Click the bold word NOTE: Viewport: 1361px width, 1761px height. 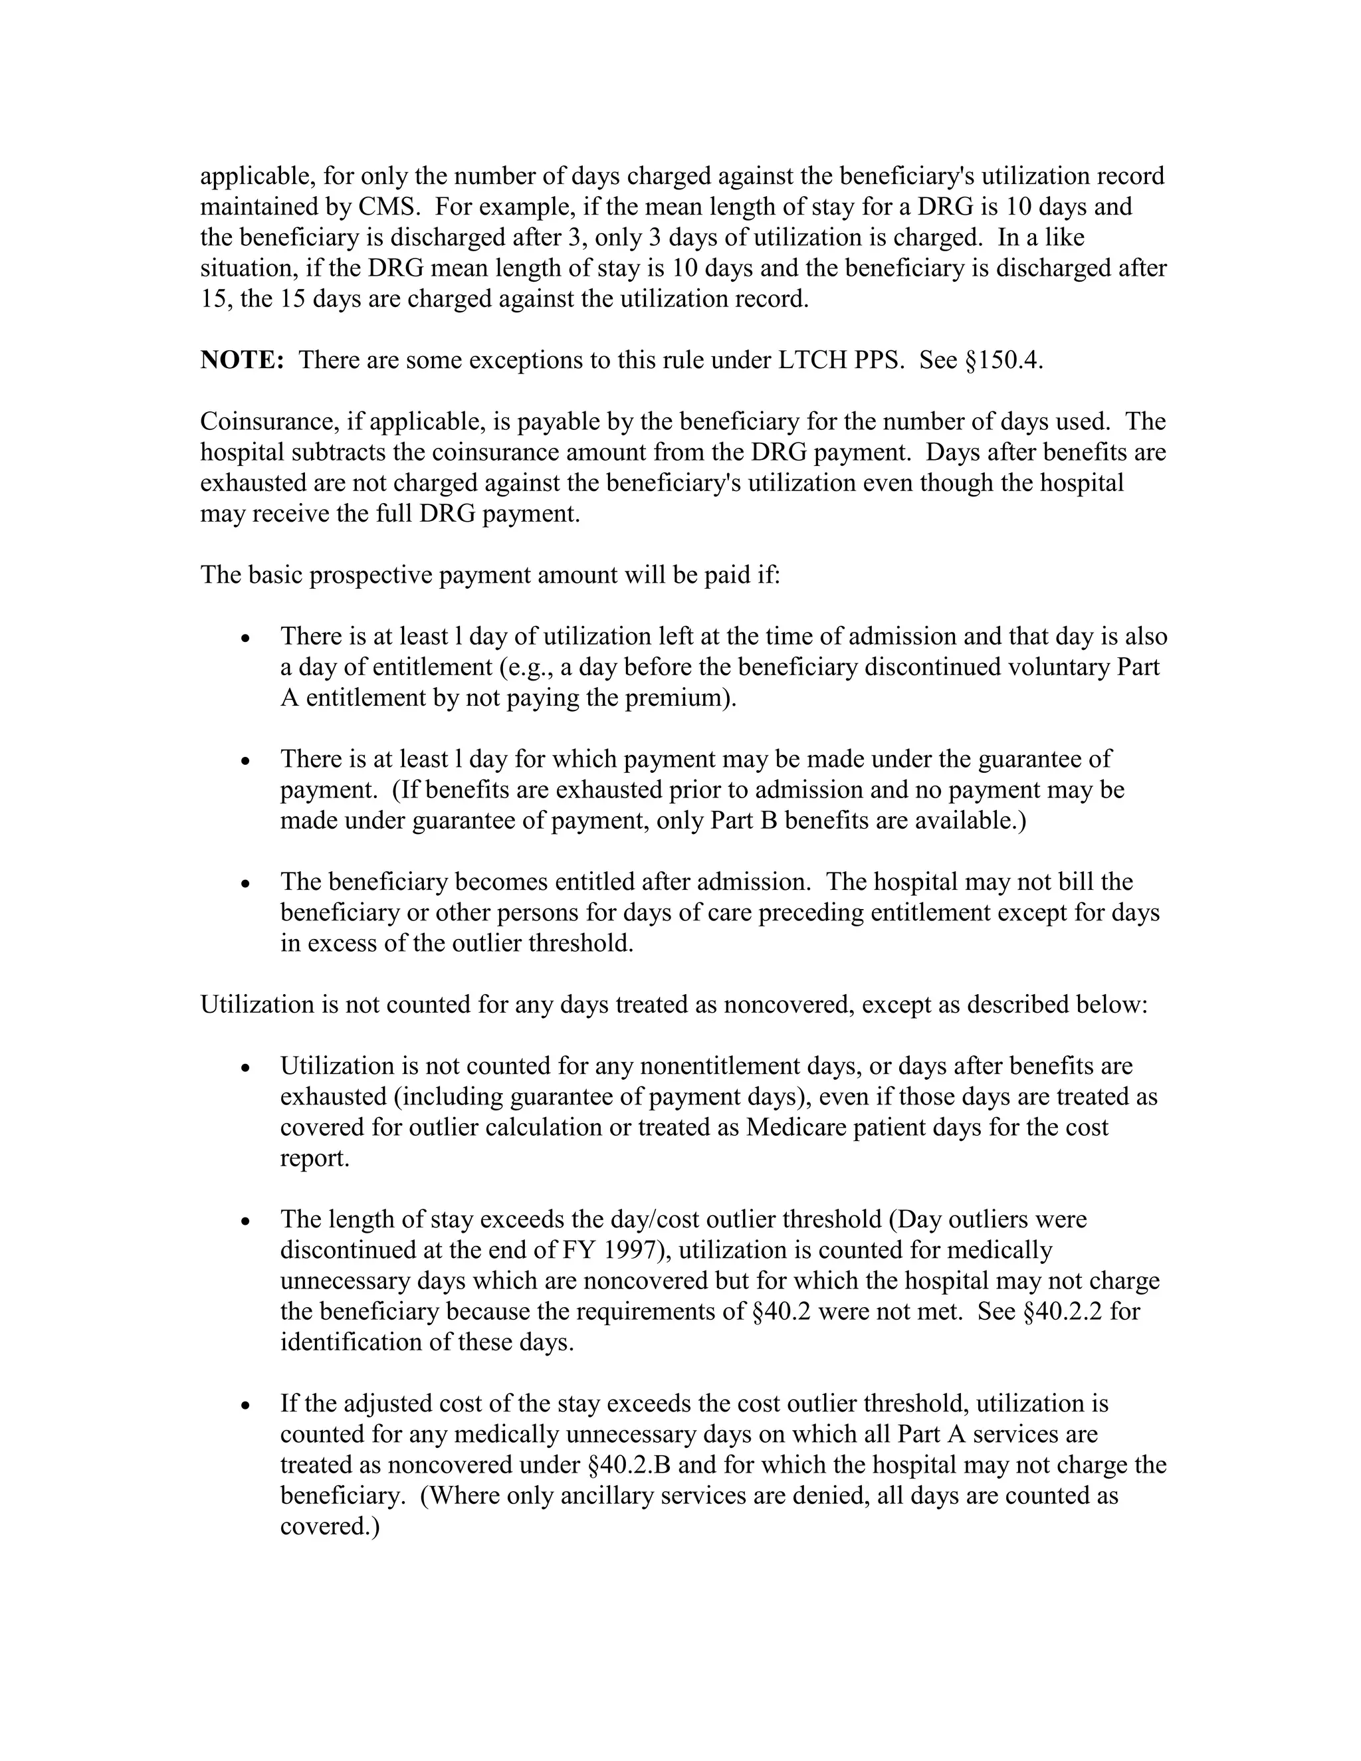point(242,360)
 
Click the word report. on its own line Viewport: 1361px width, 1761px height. point(314,1159)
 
